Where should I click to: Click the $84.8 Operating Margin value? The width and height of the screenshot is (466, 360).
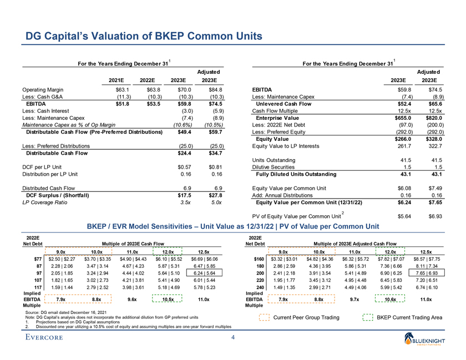[x=214, y=89]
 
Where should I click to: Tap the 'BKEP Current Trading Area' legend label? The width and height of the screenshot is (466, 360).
[x=409, y=317]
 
